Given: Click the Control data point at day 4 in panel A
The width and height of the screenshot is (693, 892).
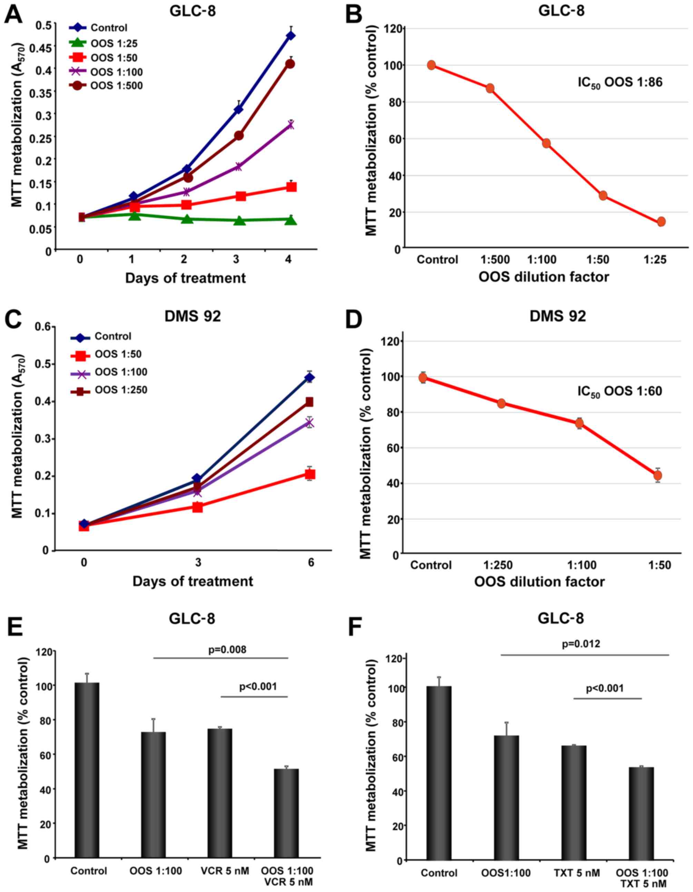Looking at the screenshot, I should coord(290,36).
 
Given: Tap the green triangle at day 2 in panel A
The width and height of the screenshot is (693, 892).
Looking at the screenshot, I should coord(187,219).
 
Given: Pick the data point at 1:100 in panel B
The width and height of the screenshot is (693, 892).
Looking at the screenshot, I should coord(546,143).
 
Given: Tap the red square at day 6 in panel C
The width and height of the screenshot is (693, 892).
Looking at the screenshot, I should coord(310,474).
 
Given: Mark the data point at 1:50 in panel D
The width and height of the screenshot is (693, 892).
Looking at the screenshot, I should coord(657,475).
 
